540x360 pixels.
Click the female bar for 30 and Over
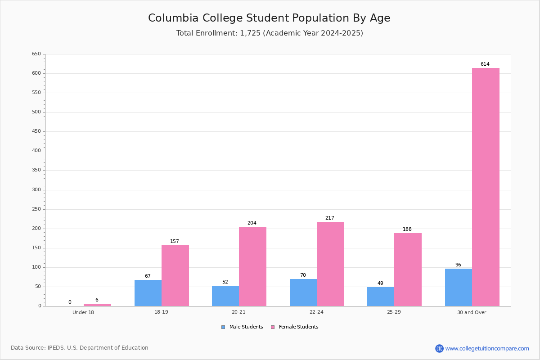[x=486, y=187]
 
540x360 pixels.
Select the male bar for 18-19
[x=148, y=293]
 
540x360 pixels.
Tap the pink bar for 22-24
[x=330, y=264]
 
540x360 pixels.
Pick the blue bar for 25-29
[x=381, y=297]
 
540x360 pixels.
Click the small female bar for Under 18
[x=97, y=305]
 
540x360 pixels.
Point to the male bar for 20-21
[x=225, y=296]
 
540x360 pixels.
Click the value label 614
[x=485, y=64]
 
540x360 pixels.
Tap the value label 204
[x=252, y=223]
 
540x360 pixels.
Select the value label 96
[x=458, y=265]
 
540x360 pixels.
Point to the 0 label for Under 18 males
[x=70, y=302]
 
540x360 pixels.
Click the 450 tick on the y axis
[x=36, y=131]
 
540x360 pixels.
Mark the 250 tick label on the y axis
[x=36, y=209]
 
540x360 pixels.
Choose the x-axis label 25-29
[x=394, y=312]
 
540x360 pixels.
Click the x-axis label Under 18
[x=83, y=312]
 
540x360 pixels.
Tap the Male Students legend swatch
[x=223, y=327]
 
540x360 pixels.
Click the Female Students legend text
[x=298, y=327]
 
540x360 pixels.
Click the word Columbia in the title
[x=173, y=18]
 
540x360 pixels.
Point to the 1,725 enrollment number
[x=250, y=33]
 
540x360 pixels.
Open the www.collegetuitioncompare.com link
[x=487, y=348]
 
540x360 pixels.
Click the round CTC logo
[x=439, y=348]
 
